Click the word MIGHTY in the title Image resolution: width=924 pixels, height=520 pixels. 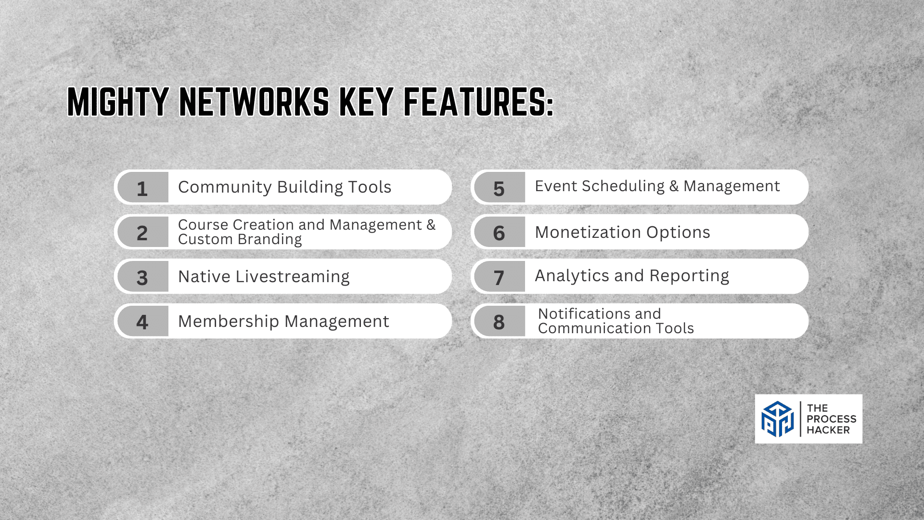tap(118, 102)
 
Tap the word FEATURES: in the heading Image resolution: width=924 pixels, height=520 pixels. tap(478, 102)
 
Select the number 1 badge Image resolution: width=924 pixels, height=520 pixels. tap(142, 187)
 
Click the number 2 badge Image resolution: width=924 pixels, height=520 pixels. tap(142, 232)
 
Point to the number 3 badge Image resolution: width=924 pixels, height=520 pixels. tap(142, 277)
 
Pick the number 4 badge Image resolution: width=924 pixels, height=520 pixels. tap(142, 321)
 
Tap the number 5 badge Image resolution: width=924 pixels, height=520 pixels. tap(500, 187)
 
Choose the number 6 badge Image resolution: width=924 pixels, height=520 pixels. tap(500, 232)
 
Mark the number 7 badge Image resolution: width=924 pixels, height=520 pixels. tap(500, 277)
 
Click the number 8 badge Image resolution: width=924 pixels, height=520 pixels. tap(500, 321)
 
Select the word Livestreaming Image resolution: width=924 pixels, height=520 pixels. tap(293, 277)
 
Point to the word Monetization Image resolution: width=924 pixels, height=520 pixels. tap(588, 232)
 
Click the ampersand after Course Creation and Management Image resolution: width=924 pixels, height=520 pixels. tap(431, 224)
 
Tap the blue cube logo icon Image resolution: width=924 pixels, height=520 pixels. tap(777, 419)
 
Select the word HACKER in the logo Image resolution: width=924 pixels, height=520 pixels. tap(828, 430)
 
